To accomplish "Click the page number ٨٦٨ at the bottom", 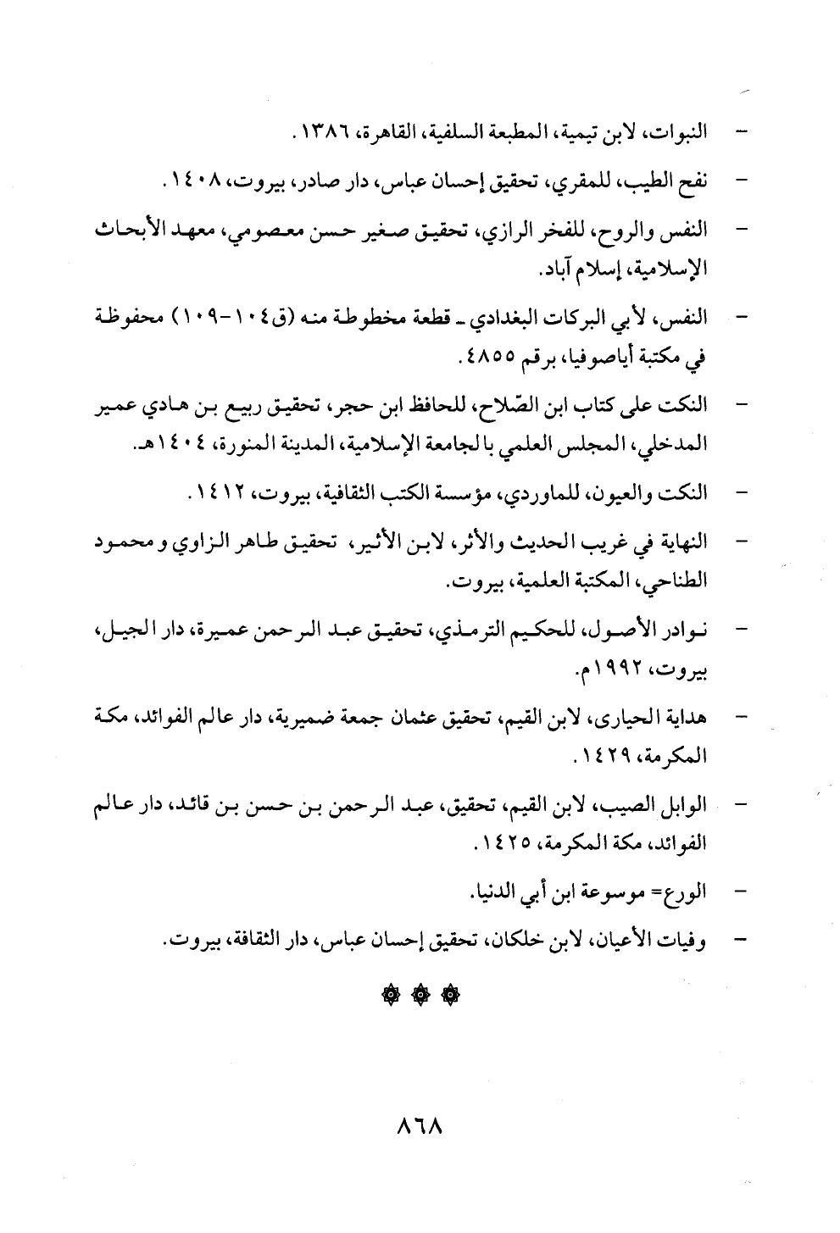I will click(420, 1129).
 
